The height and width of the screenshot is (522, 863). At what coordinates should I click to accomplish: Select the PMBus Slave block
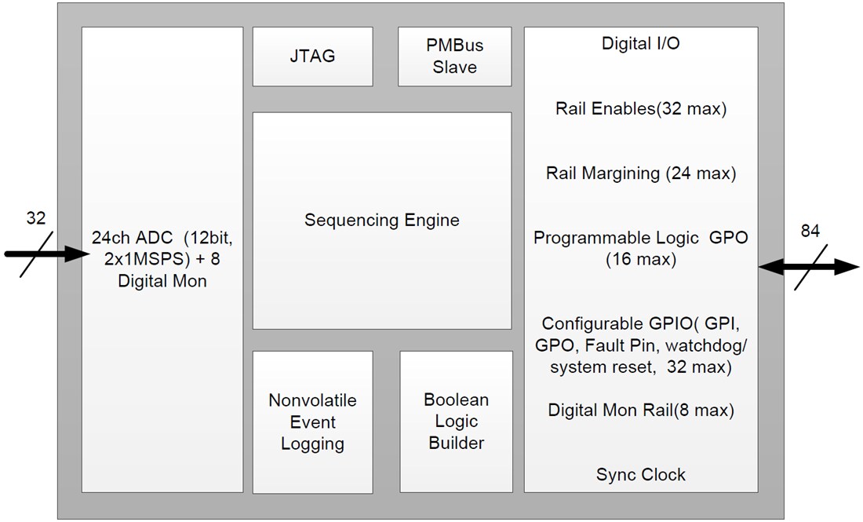pos(454,57)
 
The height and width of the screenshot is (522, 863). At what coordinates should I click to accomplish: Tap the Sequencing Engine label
pos(381,220)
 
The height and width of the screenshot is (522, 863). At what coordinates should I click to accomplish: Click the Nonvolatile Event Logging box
pos(312,422)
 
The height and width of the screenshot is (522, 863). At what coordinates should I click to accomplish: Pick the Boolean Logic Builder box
pos(456,422)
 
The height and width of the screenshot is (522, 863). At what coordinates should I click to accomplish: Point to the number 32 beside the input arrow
pos(36,219)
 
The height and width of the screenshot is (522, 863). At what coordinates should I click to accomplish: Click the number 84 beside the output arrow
pos(810,232)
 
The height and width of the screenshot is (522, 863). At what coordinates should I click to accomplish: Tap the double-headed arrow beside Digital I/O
pos(808,268)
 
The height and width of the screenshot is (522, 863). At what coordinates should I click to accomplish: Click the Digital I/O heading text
pos(640,44)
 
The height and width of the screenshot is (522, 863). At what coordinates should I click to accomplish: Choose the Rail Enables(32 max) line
pos(640,109)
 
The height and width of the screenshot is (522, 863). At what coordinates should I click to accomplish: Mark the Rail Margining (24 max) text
pos(640,173)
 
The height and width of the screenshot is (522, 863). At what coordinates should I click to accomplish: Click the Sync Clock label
pos(640,475)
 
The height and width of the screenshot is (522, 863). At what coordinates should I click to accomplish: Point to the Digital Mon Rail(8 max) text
pos(640,410)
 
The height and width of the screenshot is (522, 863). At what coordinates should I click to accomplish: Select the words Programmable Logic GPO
pos(640,238)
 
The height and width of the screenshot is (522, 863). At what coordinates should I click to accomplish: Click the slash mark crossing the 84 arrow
pos(810,268)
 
